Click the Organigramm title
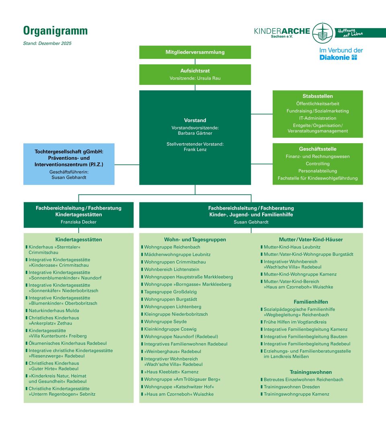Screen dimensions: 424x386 (x=55, y=31)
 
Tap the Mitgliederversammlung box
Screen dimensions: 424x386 (x=195, y=52)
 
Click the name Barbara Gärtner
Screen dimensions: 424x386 (x=195, y=133)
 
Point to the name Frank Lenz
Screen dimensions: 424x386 (x=195, y=150)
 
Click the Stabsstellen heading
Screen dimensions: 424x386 (x=318, y=96)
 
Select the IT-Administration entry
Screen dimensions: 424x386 (x=318, y=118)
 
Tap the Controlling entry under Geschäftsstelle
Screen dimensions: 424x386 (x=318, y=164)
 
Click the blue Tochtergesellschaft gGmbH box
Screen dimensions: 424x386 (x=69, y=164)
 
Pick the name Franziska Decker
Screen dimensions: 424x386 (x=78, y=222)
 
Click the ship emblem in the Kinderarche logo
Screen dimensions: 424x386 (x=322, y=33)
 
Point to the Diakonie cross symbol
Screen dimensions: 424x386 (x=354, y=58)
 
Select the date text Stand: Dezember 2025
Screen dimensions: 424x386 (x=47, y=43)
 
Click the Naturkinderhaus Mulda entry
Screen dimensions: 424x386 (x=54, y=311)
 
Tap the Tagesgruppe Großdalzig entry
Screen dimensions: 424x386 (x=170, y=292)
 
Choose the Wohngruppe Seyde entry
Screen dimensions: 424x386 (x=165, y=322)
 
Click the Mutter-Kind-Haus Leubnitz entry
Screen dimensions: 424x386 (x=292, y=247)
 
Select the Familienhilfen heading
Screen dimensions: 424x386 (x=311, y=302)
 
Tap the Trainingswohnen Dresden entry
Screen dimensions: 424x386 (x=292, y=387)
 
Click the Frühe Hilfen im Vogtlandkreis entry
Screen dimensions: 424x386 (x=295, y=322)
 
